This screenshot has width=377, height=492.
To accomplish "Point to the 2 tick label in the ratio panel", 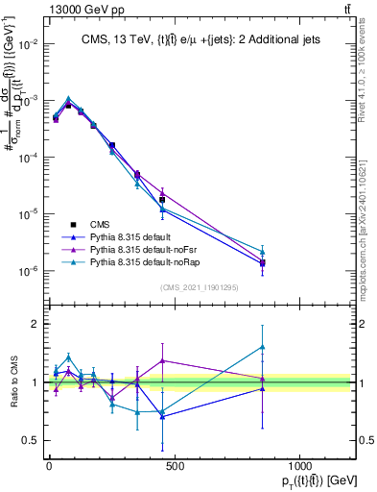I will [x=34, y=324].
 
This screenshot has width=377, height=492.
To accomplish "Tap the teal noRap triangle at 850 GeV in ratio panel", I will [x=262, y=347].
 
